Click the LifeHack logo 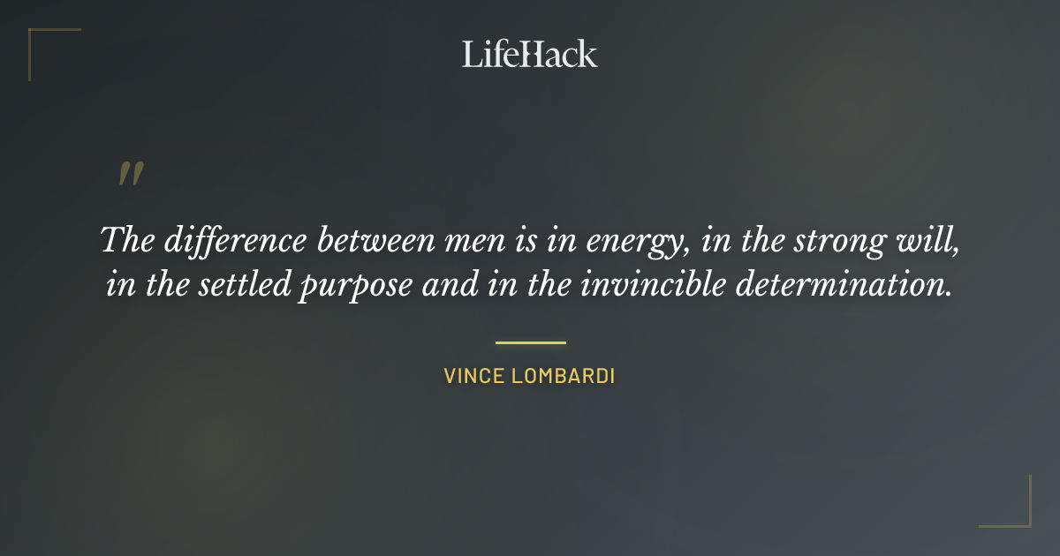click(530, 54)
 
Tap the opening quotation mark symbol click(131, 174)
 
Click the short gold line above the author click(530, 342)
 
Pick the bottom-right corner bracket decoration click(1016, 512)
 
